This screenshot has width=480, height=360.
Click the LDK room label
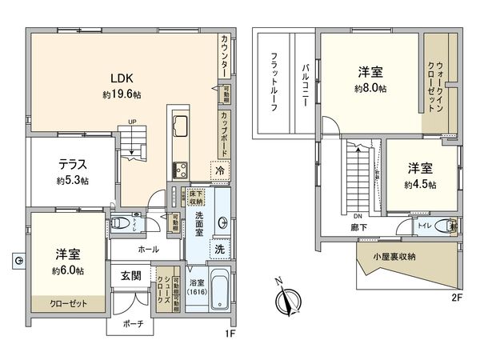[122, 78]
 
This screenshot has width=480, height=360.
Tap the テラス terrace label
[72, 165]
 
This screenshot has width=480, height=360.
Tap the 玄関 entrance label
[132, 277]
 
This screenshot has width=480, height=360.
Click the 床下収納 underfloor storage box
[197, 197]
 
